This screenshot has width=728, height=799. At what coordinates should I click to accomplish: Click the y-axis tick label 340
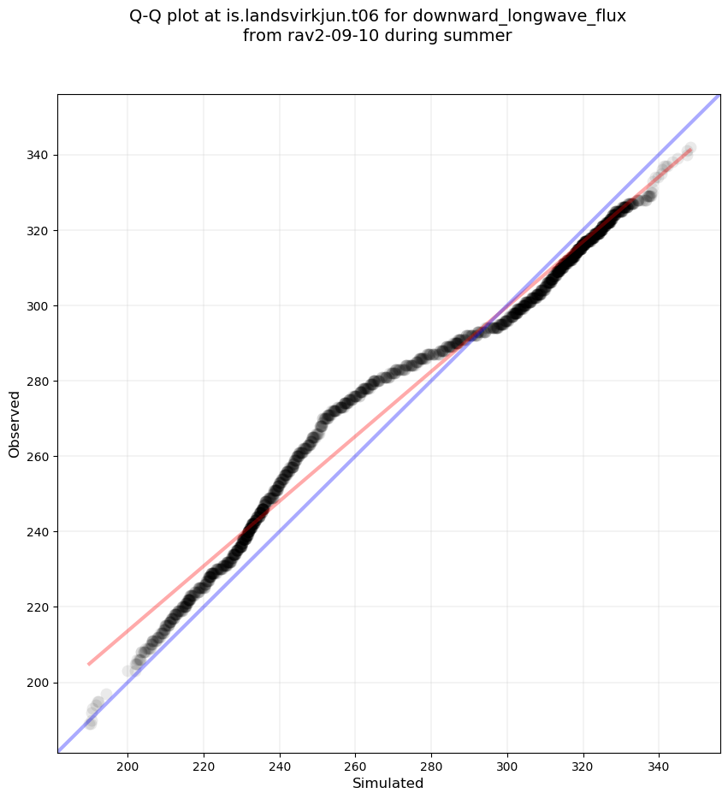(38, 155)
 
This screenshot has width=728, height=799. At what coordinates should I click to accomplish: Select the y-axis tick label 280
(38, 381)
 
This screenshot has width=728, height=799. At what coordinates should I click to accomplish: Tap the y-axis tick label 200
(38, 683)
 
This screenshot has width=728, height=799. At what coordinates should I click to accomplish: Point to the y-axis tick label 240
(38, 531)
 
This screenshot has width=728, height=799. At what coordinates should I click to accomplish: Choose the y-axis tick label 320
(38, 230)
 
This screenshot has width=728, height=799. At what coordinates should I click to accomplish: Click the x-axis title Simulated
(388, 783)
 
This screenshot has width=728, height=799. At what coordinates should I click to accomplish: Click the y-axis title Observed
(15, 423)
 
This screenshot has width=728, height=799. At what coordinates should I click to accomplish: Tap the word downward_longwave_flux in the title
(519, 16)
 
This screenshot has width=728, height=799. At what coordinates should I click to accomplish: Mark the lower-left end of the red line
(88, 664)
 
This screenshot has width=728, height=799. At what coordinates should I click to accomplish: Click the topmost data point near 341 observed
(690, 149)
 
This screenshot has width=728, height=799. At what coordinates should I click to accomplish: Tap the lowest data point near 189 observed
(90, 724)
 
